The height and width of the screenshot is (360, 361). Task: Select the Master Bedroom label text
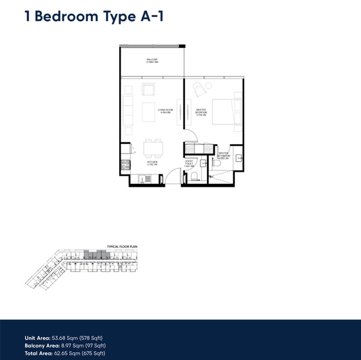(201, 112)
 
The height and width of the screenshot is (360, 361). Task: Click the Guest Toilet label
(189, 163)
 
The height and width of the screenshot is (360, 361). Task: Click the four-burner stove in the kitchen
(125, 165)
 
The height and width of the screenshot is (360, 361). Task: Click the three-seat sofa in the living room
(128, 111)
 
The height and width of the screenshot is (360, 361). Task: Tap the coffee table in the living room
(148, 112)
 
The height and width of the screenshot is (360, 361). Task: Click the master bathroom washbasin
(239, 157)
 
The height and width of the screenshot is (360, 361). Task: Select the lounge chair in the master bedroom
(200, 90)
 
